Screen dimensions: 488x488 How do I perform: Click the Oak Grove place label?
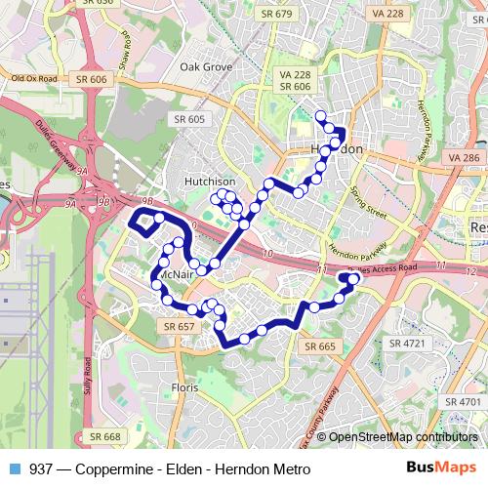(x=206, y=66)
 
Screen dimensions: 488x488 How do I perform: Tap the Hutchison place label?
(x=209, y=182)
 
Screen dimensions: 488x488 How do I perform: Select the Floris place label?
(x=184, y=387)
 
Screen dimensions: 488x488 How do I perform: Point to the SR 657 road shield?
(x=180, y=326)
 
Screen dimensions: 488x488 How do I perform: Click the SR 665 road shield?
(x=320, y=346)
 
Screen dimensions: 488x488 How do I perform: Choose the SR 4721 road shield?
(x=408, y=343)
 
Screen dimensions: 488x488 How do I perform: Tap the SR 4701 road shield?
(x=463, y=401)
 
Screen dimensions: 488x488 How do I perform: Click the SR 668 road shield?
(x=104, y=436)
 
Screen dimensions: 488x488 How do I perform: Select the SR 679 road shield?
(x=278, y=14)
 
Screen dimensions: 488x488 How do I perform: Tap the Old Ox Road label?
(x=34, y=78)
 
